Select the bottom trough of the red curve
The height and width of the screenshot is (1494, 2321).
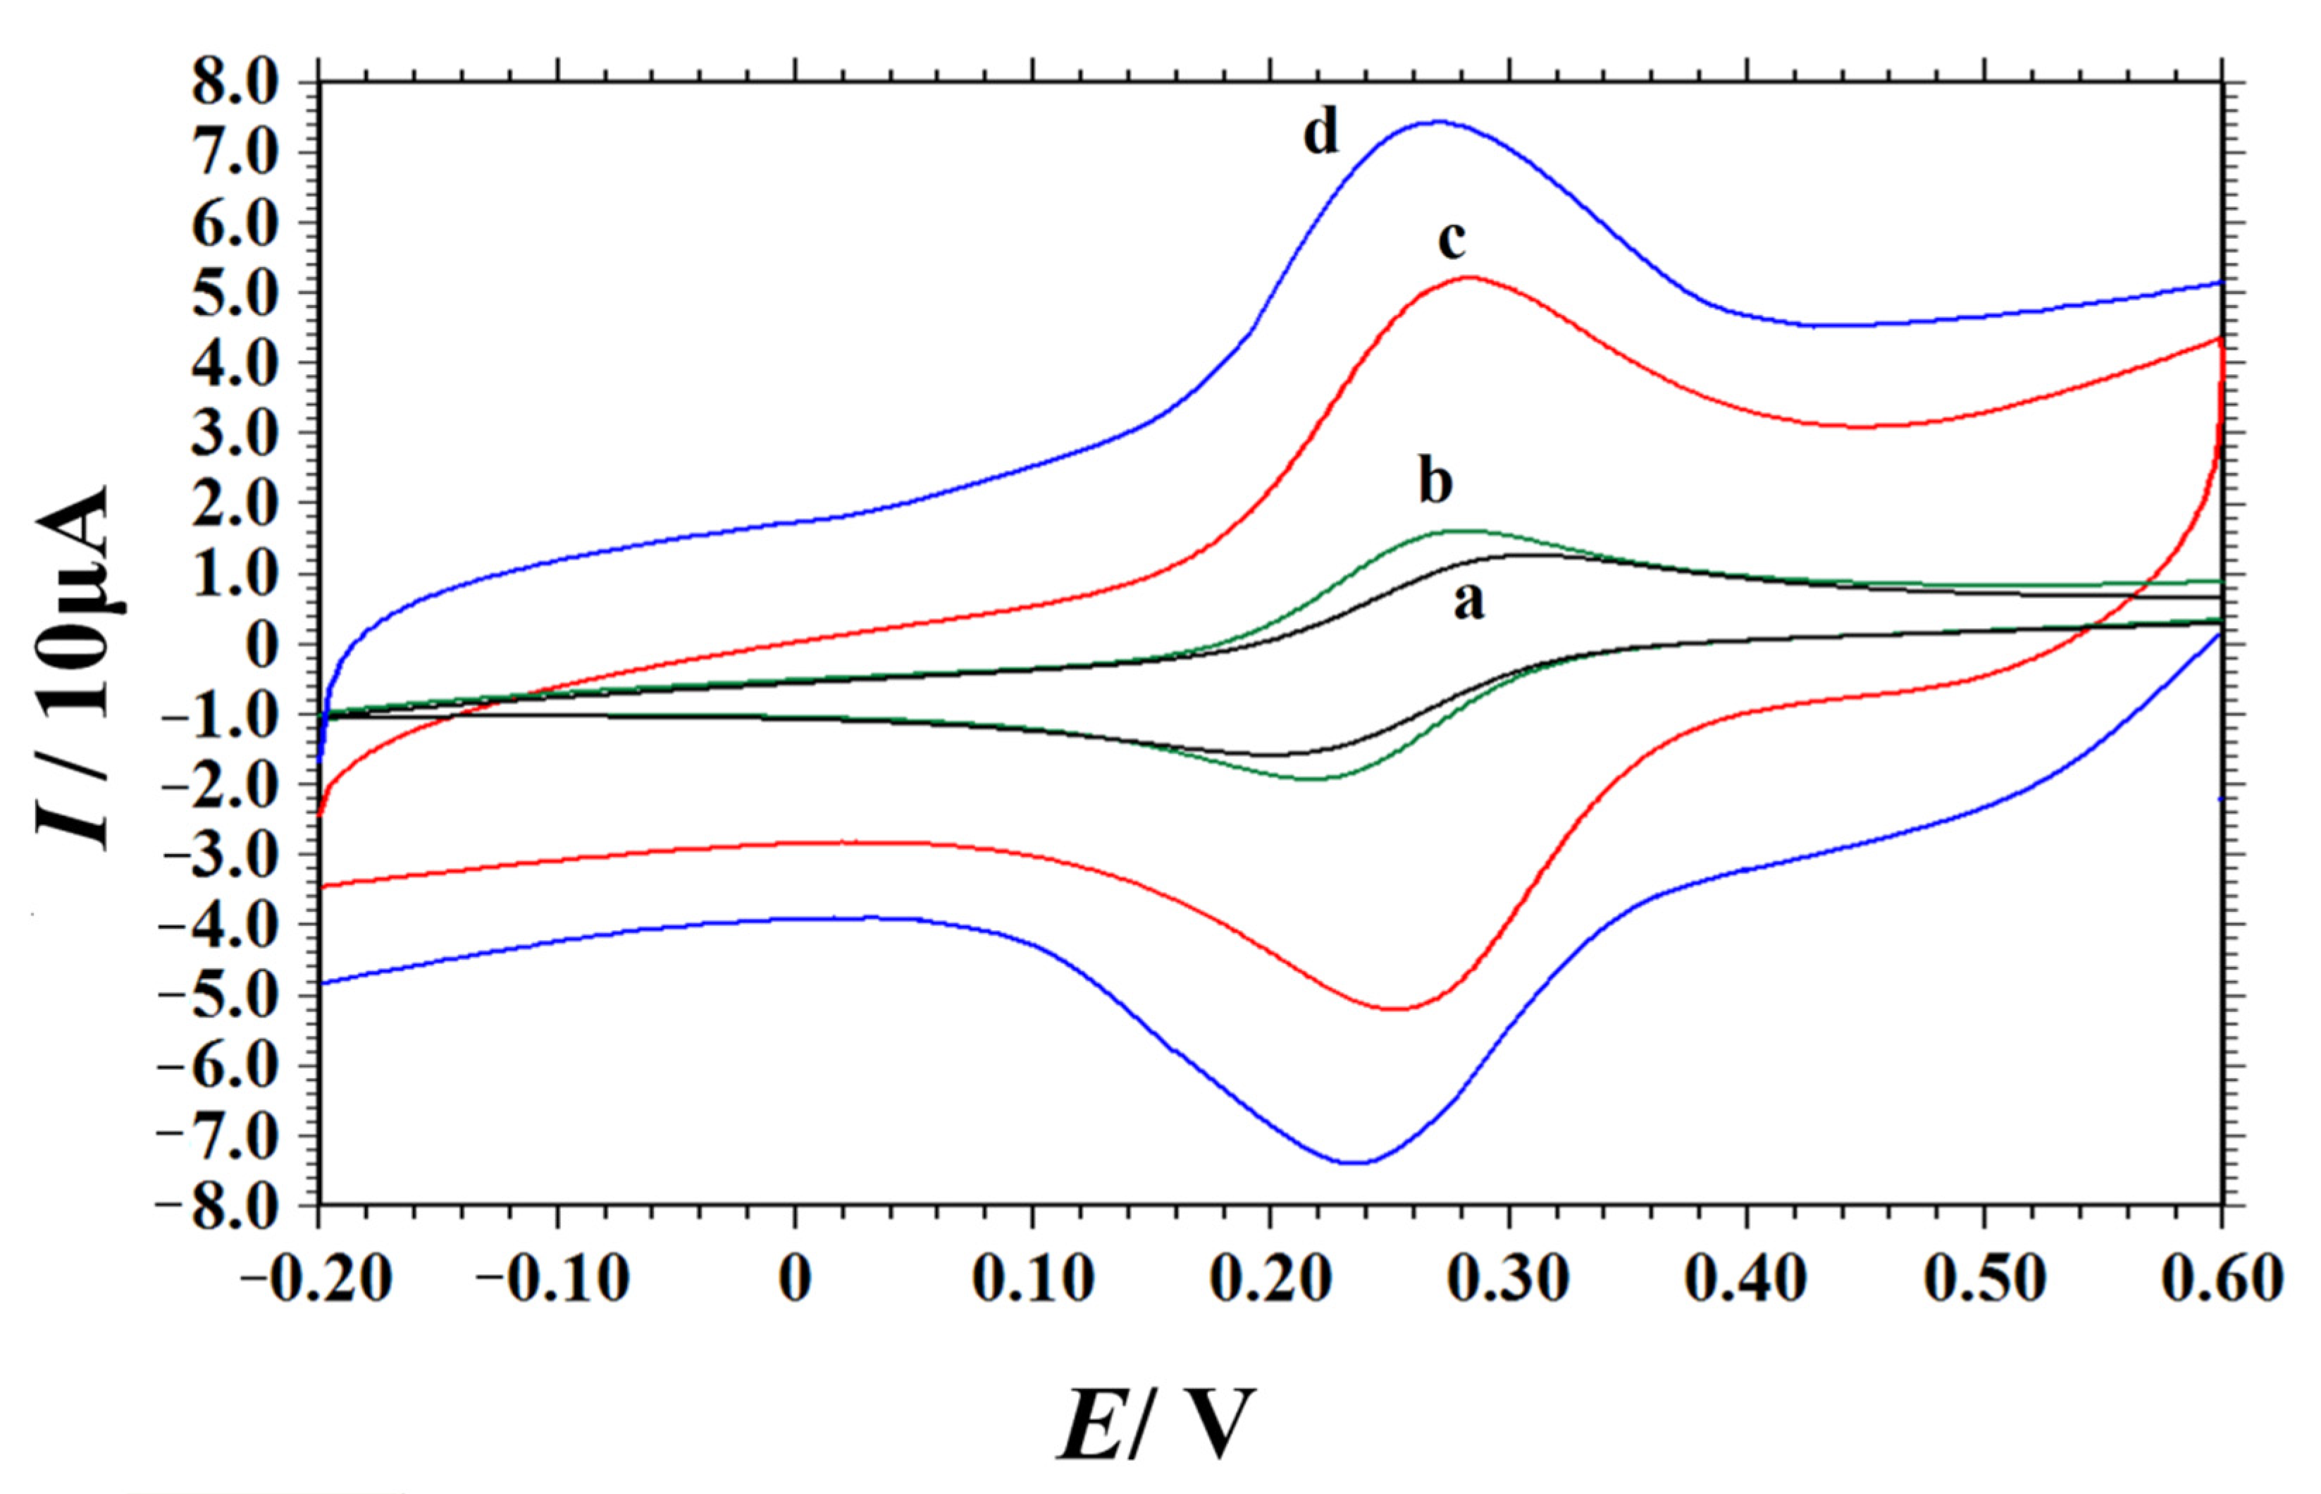click(x=1394, y=1009)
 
